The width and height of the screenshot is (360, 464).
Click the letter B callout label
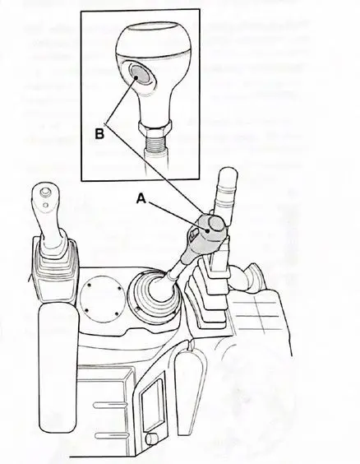point(99,133)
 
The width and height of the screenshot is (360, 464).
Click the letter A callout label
point(141,198)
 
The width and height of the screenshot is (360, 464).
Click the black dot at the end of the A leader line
point(209,231)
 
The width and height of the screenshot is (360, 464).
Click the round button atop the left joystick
point(44,193)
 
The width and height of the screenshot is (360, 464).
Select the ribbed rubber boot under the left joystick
point(54,269)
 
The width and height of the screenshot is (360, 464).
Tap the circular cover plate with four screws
point(101,299)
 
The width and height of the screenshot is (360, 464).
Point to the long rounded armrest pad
point(58,367)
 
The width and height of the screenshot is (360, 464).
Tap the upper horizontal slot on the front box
point(111,405)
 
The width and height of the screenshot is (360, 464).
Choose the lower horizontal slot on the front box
point(112,435)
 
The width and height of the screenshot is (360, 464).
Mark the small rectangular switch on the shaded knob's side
point(193,234)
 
